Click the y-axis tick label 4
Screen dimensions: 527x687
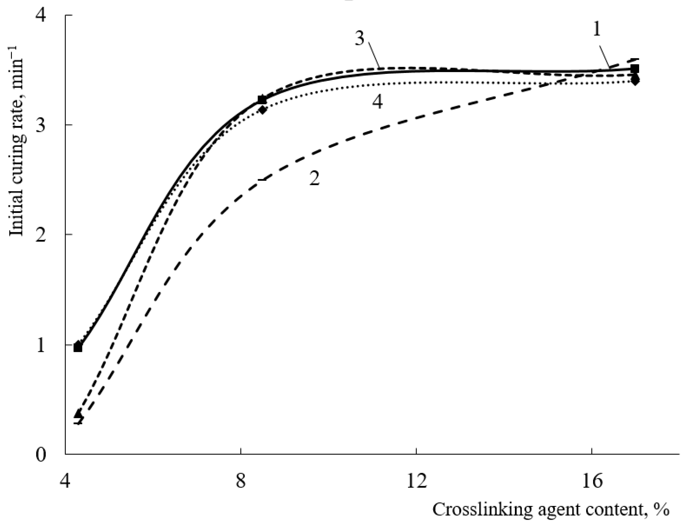click(x=41, y=15)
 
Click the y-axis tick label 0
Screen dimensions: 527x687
click(x=41, y=455)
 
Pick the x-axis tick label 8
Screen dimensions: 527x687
click(x=240, y=481)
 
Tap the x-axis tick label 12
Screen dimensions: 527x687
click(x=416, y=481)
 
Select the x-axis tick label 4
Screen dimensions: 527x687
click(x=65, y=481)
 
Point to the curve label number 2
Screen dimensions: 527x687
click(x=315, y=179)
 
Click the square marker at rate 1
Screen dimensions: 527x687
click(x=78, y=348)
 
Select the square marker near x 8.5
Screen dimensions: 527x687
click(x=262, y=100)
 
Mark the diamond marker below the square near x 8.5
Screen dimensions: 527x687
click(x=262, y=110)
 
